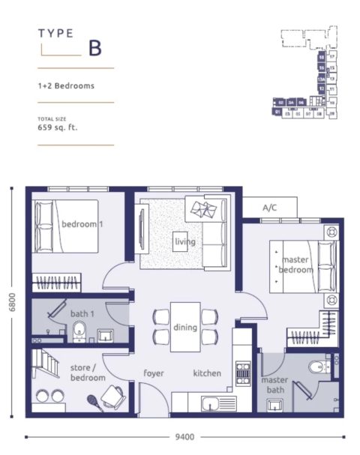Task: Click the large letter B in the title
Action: point(94,49)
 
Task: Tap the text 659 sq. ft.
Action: point(58,128)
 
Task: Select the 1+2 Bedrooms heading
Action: point(66,85)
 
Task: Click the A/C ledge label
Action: point(270,208)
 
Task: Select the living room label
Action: point(184,242)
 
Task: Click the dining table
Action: point(184,327)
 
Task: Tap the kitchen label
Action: point(207,373)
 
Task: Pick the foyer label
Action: point(154,373)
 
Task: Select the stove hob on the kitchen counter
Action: point(243,373)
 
